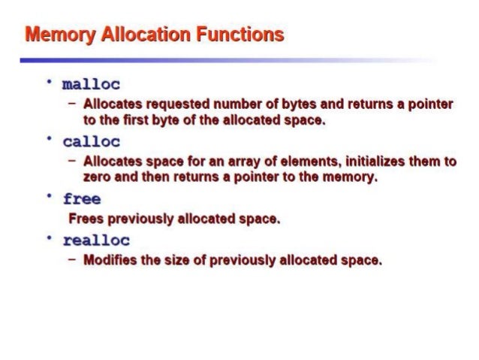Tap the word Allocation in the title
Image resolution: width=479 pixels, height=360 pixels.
pyautogui.click(x=147, y=35)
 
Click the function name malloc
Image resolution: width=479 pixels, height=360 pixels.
pyautogui.click(x=92, y=84)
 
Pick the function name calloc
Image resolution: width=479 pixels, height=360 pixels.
pyautogui.click(x=92, y=142)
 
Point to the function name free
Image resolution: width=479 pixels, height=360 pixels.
pyautogui.click(x=83, y=200)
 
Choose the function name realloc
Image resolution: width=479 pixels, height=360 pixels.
pyautogui.click(x=96, y=241)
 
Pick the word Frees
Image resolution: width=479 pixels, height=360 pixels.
pyautogui.click(x=85, y=219)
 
